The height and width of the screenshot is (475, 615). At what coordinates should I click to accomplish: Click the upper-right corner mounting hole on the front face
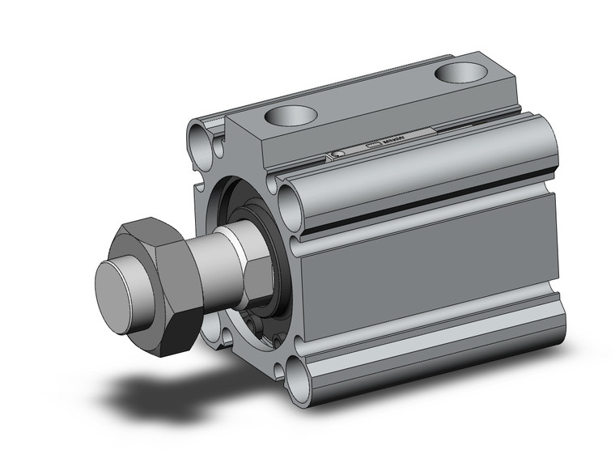(289, 196)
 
